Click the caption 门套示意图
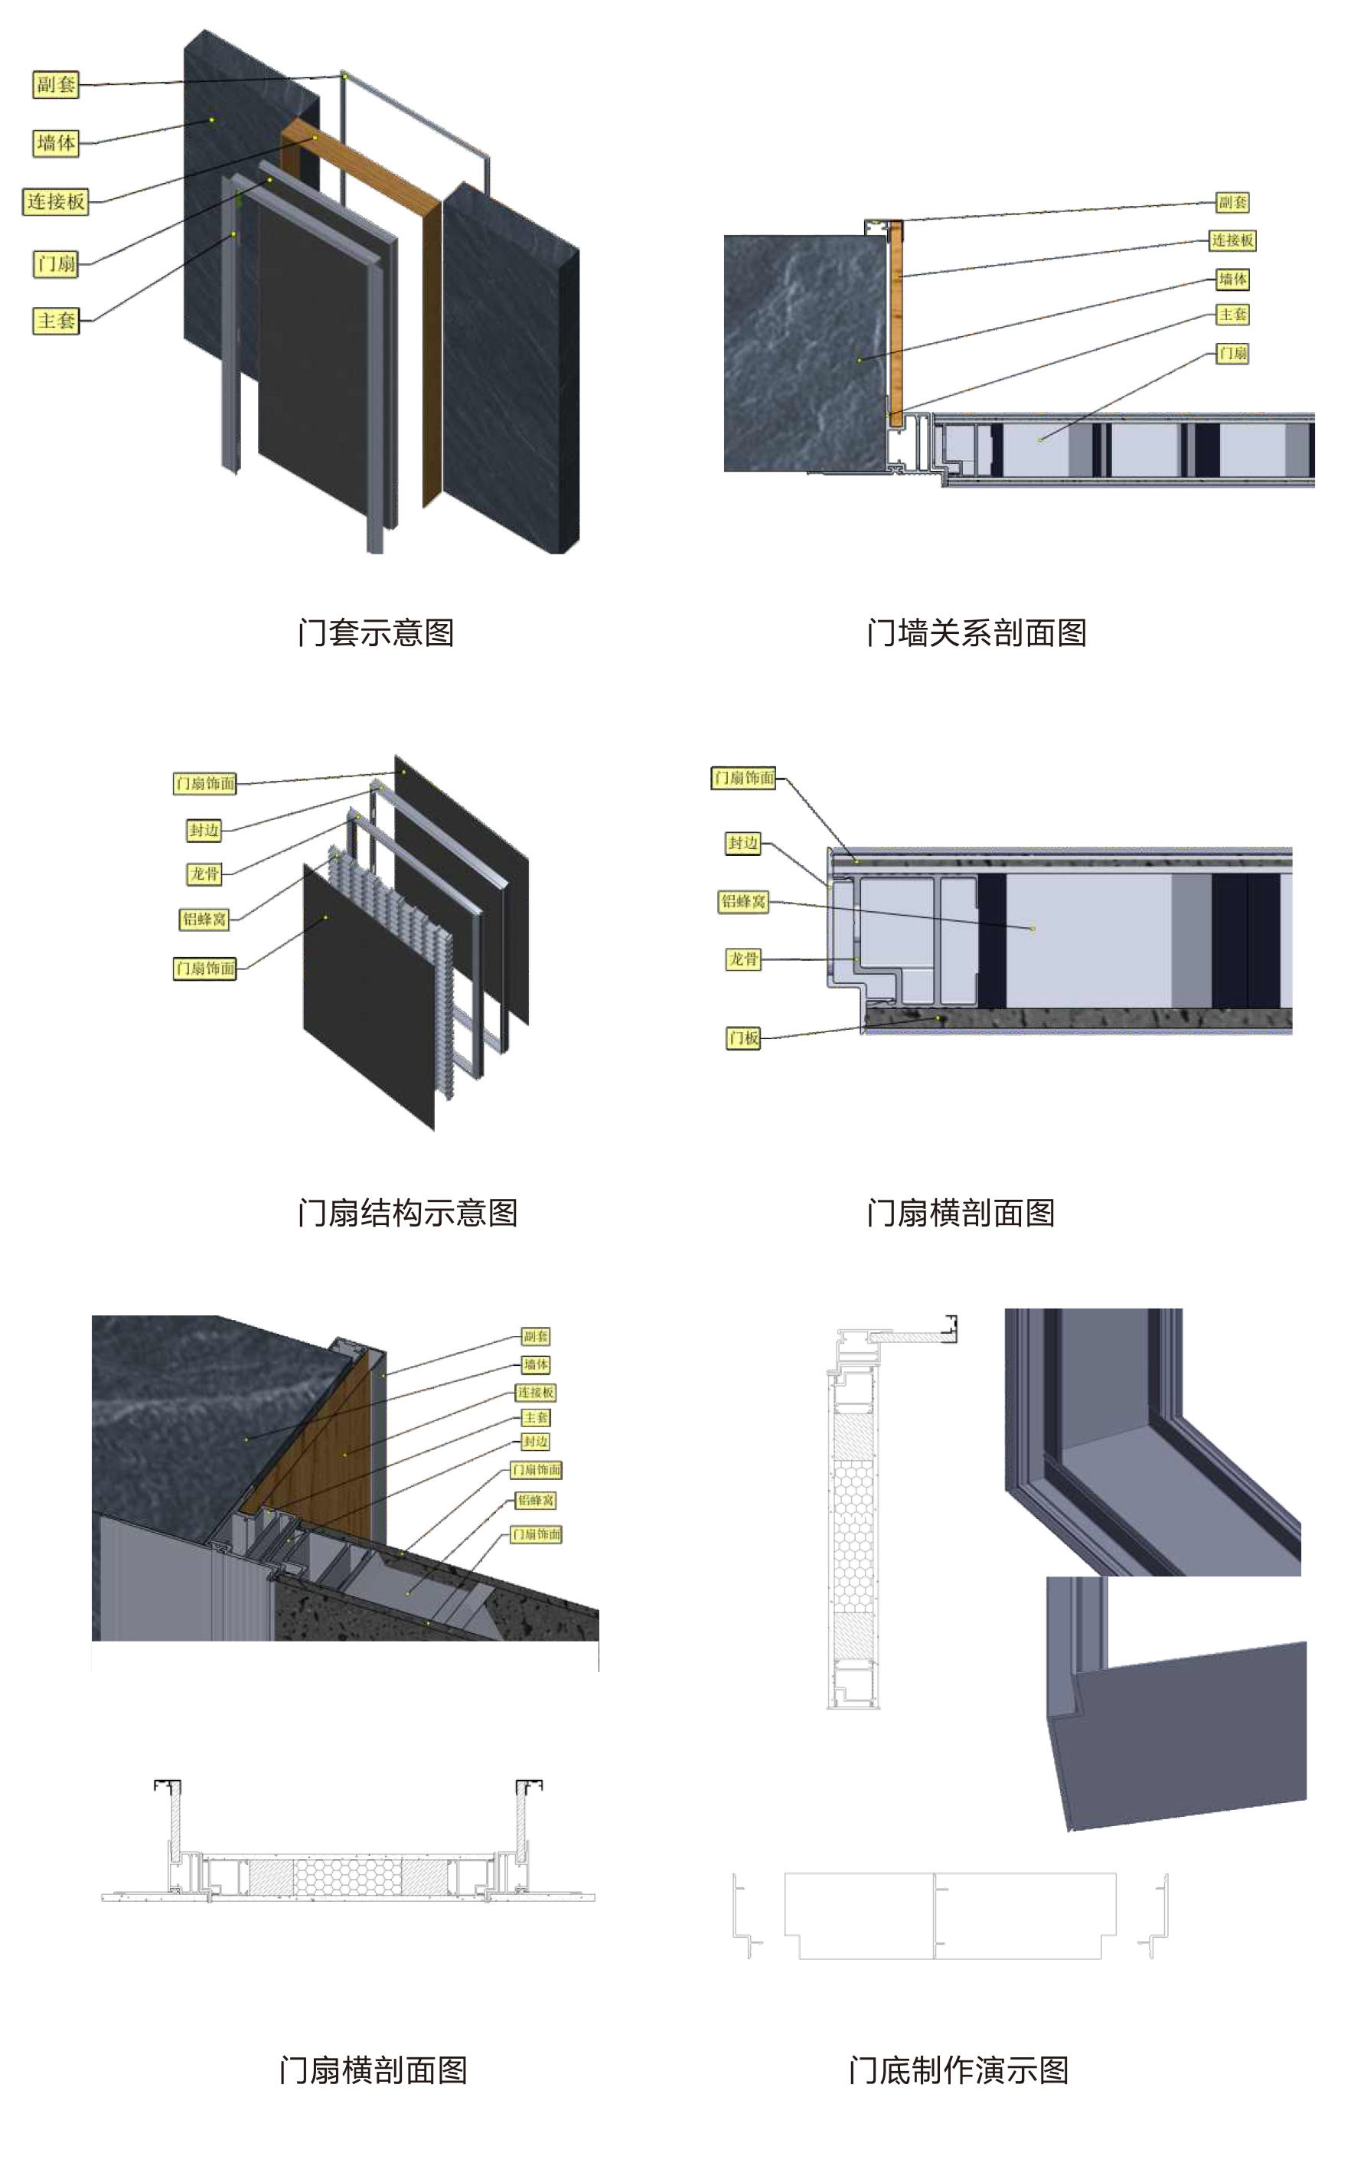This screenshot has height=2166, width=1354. coord(375,632)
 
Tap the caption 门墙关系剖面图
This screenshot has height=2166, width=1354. coord(976,632)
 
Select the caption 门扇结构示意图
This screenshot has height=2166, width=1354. coord(407,1212)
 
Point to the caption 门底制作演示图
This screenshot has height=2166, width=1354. coord(958,2070)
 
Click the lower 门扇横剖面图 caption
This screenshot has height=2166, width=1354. coord(373,2070)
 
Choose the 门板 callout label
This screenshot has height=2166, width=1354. coord(743,1038)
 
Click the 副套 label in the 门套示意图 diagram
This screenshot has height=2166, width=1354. coord(56,84)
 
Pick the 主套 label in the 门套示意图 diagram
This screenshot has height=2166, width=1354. coord(56,321)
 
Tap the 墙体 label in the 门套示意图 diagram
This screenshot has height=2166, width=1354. coord(56,142)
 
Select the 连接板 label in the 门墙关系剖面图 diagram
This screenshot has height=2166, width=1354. coord(1232,240)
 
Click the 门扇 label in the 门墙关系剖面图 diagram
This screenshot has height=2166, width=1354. coord(1232,353)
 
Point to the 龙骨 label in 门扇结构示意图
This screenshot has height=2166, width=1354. coord(204,874)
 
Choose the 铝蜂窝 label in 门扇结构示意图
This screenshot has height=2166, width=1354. coord(204,919)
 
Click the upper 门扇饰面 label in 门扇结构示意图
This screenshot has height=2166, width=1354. coord(205,784)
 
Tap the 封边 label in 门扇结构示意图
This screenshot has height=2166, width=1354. coord(204,831)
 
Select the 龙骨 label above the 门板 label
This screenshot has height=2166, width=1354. coord(743,959)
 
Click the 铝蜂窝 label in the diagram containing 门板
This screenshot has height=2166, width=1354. coord(743,901)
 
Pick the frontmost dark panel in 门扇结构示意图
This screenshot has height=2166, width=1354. coord(367,995)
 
